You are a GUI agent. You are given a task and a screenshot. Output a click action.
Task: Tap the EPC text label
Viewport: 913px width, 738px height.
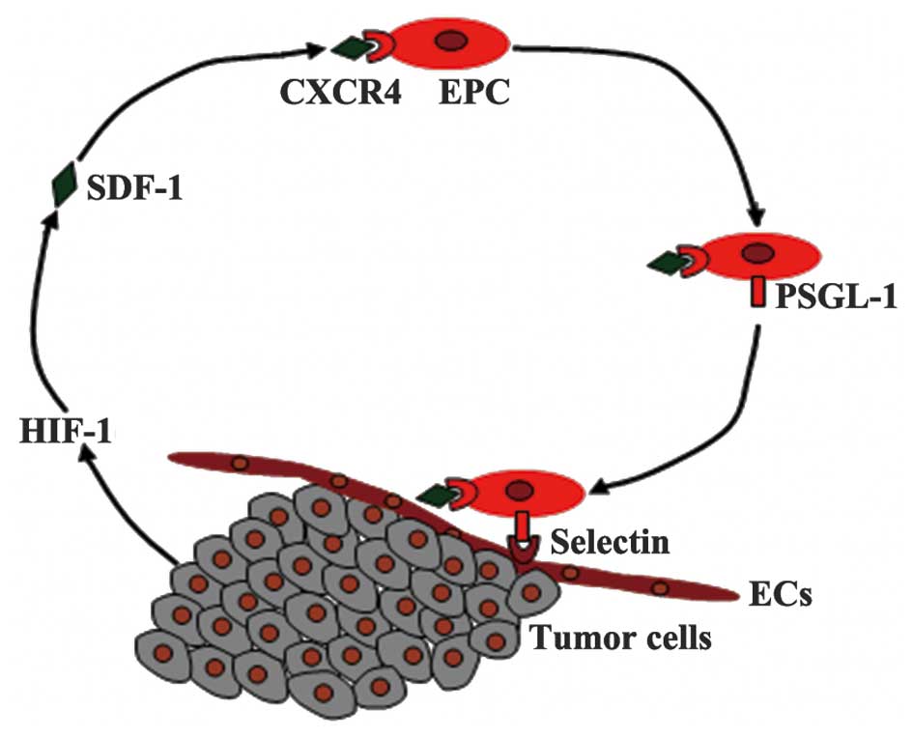[x=471, y=95]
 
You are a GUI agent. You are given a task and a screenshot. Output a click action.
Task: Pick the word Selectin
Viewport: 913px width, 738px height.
[x=608, y=541]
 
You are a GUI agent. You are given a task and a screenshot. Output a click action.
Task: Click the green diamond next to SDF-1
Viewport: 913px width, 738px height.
[x=66, y=183]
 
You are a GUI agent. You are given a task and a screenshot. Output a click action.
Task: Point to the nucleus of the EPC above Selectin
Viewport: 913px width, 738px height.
[x=523, y=490]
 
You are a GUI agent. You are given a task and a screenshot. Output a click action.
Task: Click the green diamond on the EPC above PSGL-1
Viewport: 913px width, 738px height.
[x=668, y=261]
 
